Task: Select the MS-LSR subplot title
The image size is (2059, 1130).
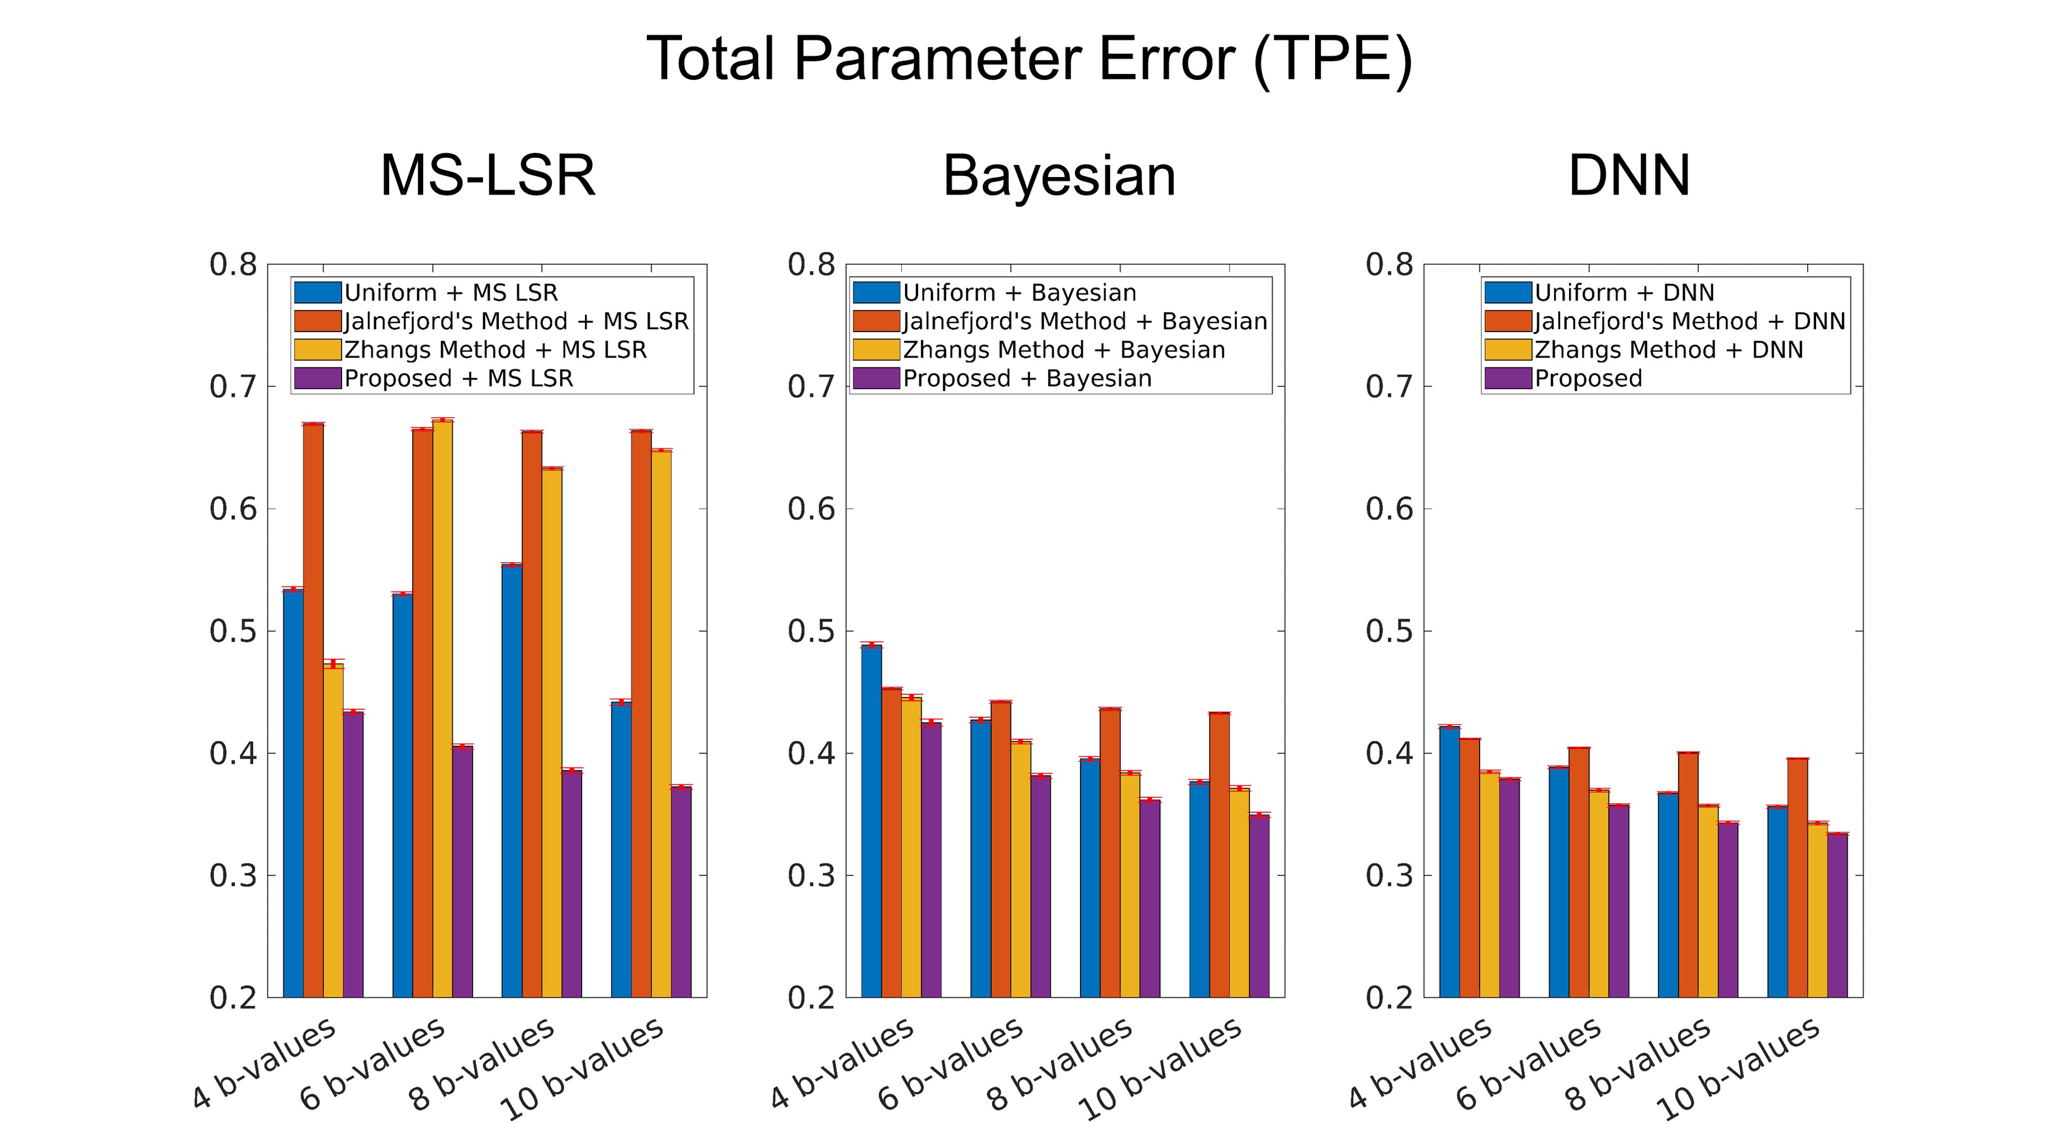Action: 488,176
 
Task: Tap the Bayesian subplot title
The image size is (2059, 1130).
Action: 1059,176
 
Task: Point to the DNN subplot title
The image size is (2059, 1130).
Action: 1629,176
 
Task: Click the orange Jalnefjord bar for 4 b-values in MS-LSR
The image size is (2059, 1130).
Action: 313,711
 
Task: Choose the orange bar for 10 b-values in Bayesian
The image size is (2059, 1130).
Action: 1219,855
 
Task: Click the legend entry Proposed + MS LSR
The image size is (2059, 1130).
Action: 458,378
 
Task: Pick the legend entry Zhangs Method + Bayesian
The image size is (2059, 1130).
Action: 1063,349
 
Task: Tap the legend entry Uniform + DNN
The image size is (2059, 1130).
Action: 1624,292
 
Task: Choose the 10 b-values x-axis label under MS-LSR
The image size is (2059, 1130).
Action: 582,1069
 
